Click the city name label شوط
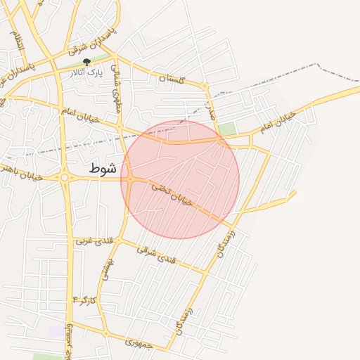click(x=103, y=169)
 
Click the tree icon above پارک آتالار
click(x=86, y=63)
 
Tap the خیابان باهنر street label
click(x=21, y=172)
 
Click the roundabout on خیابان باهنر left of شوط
click(x=65, y=178)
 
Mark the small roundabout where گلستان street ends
click(x=205, y=86)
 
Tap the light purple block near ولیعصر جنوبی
click(x=55, y=330)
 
